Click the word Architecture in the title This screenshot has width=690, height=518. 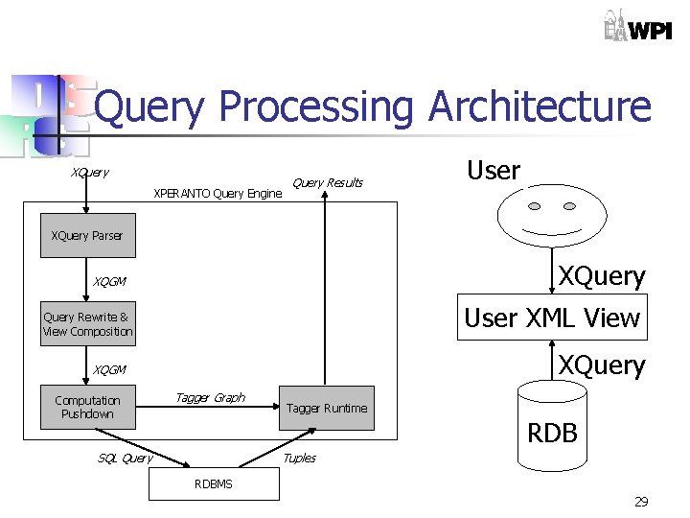[x=540, y=107]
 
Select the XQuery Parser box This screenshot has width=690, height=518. [x=87, y=236]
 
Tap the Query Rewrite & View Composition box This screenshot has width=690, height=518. [x=87, y=324]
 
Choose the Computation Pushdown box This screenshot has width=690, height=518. [x=87, y=407]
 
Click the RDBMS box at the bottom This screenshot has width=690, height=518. [x=213, y=484]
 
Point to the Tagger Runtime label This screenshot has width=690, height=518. [x=327, y=409]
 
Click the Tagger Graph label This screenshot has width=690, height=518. [x=209, y=397]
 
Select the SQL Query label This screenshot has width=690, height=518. [x=125, y=458]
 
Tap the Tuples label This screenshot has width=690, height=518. [x=299, y=458]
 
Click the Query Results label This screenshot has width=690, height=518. [x=327, y=183]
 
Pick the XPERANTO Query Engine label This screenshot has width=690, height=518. [x=218, y=194]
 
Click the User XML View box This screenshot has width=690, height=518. [x=552, y=318]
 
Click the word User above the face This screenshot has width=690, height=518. [x=493, y=171]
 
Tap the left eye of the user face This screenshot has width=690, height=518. [x=537, y=206]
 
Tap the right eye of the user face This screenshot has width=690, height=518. [x=569, y=206]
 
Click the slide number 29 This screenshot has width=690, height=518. [x=641, y=502]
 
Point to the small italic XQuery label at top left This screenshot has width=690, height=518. [x=89, y=173]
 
